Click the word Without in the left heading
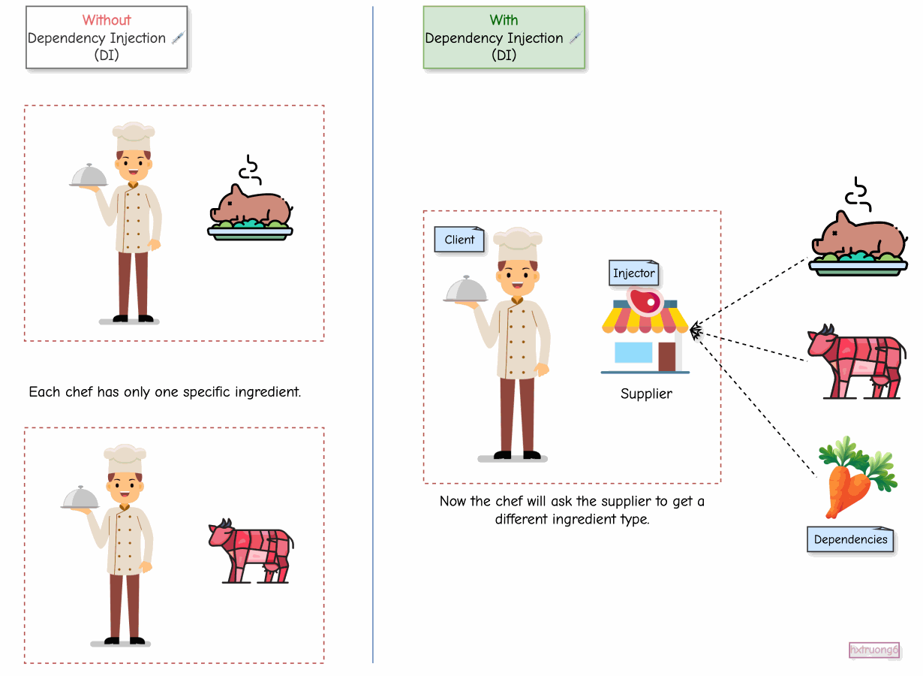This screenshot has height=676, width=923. pyautogui.click(x=107, y=20)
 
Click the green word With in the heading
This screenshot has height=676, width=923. pyautogui.click(x=504, y=20)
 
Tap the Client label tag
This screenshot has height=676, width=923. pyautogui.click(x=459, y=240)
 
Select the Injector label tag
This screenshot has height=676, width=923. pyautogui.click(x=634, y=273)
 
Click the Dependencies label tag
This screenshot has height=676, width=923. pyautogui.click(x=850, y=539)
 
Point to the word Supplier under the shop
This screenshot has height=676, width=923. pyautogui.click(x=646, y=394)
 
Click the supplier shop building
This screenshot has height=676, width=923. pyautogui.click(x=645, y=338)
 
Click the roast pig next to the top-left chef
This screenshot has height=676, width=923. pyautogui.click(x=251, y=213)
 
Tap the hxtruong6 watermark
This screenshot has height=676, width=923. pyautogui.click(x=873, y=650)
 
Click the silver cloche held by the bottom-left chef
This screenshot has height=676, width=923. pyautogui.click(x=80, y=497)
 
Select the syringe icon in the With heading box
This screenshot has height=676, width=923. pyautogui.click(x=576, y=38)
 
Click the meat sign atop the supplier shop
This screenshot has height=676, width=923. pyautogui.click(x=645, y=301)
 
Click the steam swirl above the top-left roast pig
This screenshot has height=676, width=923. pyautogui.click(x=251, y=170)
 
